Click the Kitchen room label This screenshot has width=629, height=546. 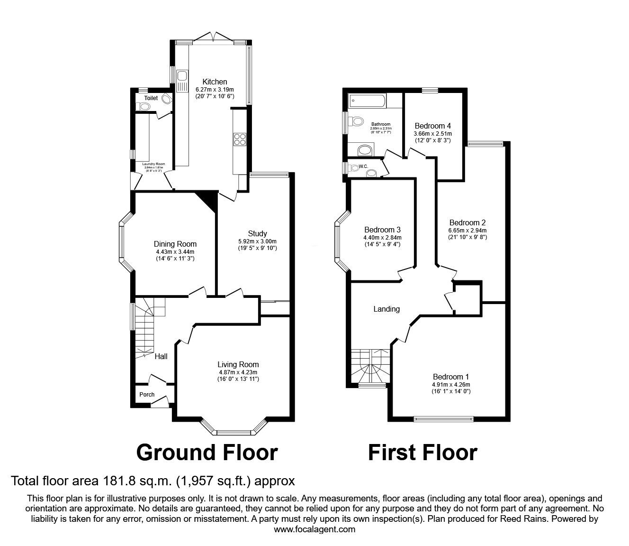(x=215, y=82)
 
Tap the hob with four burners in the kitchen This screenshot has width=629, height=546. (x=240, y=139)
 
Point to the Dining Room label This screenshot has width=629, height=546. (x=175, y=244)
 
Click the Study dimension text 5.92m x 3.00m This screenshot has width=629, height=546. (x=257, y=241)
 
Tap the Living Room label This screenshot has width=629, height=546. (x=238, y=364)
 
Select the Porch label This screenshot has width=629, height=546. (x=147, y=394)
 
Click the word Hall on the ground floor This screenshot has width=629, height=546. (x=161, y=356)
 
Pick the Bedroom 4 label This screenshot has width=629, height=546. (x=432, y=126)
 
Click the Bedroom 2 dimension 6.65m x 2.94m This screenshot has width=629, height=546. (x=467, y=230)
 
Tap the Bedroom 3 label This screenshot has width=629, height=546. (x=382, y=230)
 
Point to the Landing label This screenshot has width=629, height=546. (x=386, y=309)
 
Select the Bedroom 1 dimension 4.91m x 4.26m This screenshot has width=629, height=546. (x=450, y=384)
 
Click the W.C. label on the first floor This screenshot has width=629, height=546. (x=364, y=167)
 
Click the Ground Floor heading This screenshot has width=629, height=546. (x=207, y=452)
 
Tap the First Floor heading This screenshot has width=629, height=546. (x=422, y=452)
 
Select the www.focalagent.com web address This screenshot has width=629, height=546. (x=314, y=529)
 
